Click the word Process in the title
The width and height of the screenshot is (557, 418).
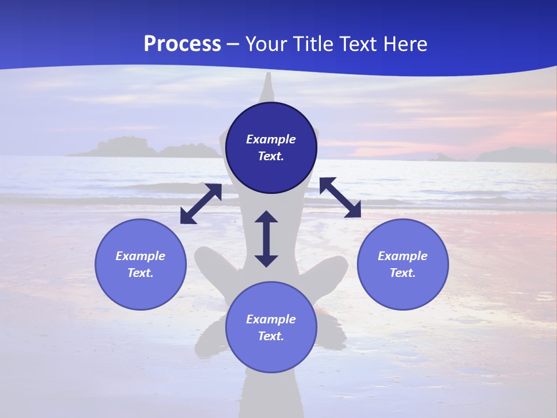[182, 44]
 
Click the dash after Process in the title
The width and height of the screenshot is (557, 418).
[233, 45]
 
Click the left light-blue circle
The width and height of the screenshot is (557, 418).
[140, 264]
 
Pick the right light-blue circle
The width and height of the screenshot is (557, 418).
[403, 264]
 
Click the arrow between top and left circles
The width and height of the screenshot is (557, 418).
[201, 204]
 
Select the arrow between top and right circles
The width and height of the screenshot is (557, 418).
[341, 197]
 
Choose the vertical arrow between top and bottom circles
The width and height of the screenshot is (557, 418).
[266, 239]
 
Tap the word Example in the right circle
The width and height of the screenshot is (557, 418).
[403, 256]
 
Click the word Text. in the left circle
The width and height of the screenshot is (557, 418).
[140, 273]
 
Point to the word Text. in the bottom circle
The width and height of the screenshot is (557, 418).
[271, 336]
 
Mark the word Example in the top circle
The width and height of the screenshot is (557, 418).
[271, 139]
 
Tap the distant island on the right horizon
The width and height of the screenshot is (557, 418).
[513, 154]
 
